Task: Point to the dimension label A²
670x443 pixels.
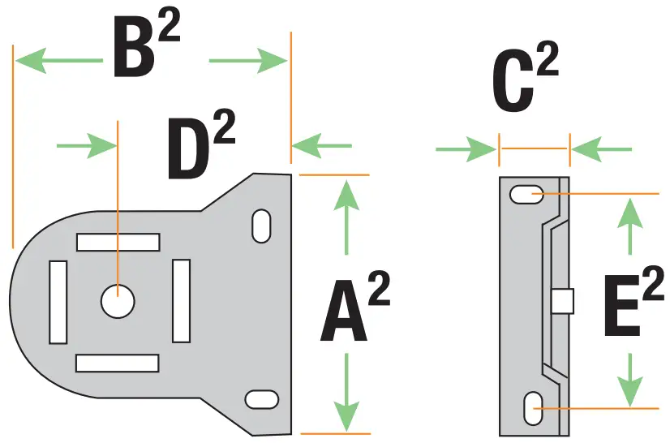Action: click(354, 308)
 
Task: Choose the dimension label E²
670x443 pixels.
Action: click(633, 303)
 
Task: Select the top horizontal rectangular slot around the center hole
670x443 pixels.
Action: click(118, 242)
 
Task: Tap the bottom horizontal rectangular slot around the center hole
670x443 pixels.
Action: click(118, 363)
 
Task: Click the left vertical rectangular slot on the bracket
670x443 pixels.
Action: click(58, 302)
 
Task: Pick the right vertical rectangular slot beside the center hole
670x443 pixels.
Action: click(181, 301)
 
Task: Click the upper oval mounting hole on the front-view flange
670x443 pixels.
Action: click(261, 226)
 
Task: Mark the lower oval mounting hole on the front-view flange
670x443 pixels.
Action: click(260, 399)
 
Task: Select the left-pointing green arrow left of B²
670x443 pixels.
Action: click(57, 60)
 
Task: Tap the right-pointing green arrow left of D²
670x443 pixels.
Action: click(87, 145)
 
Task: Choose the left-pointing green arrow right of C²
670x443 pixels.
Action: click(601, 148)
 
